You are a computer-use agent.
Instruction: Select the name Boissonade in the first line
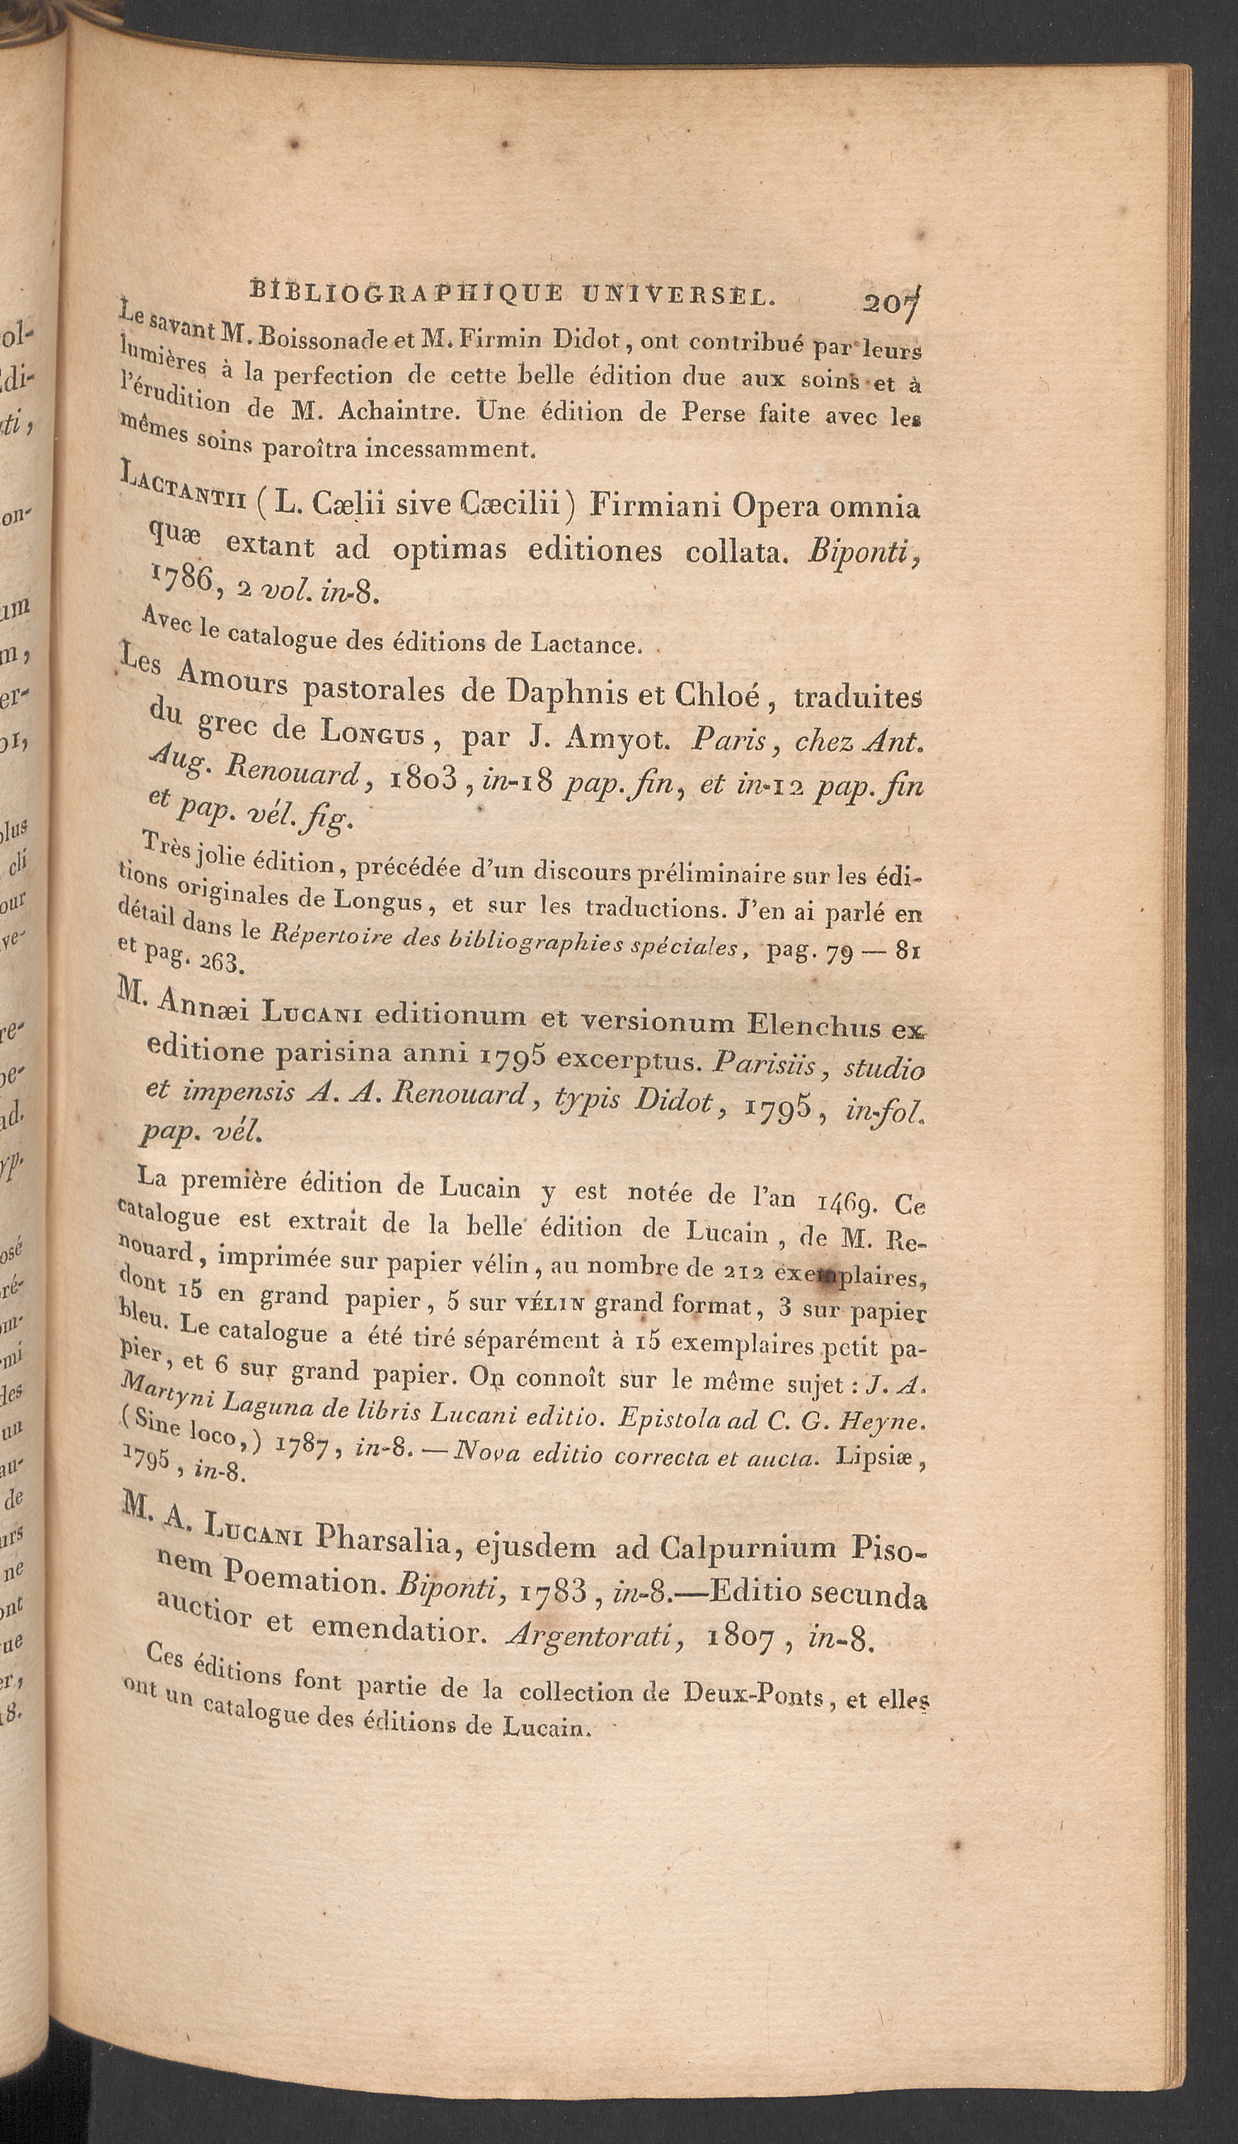pos(312,337)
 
